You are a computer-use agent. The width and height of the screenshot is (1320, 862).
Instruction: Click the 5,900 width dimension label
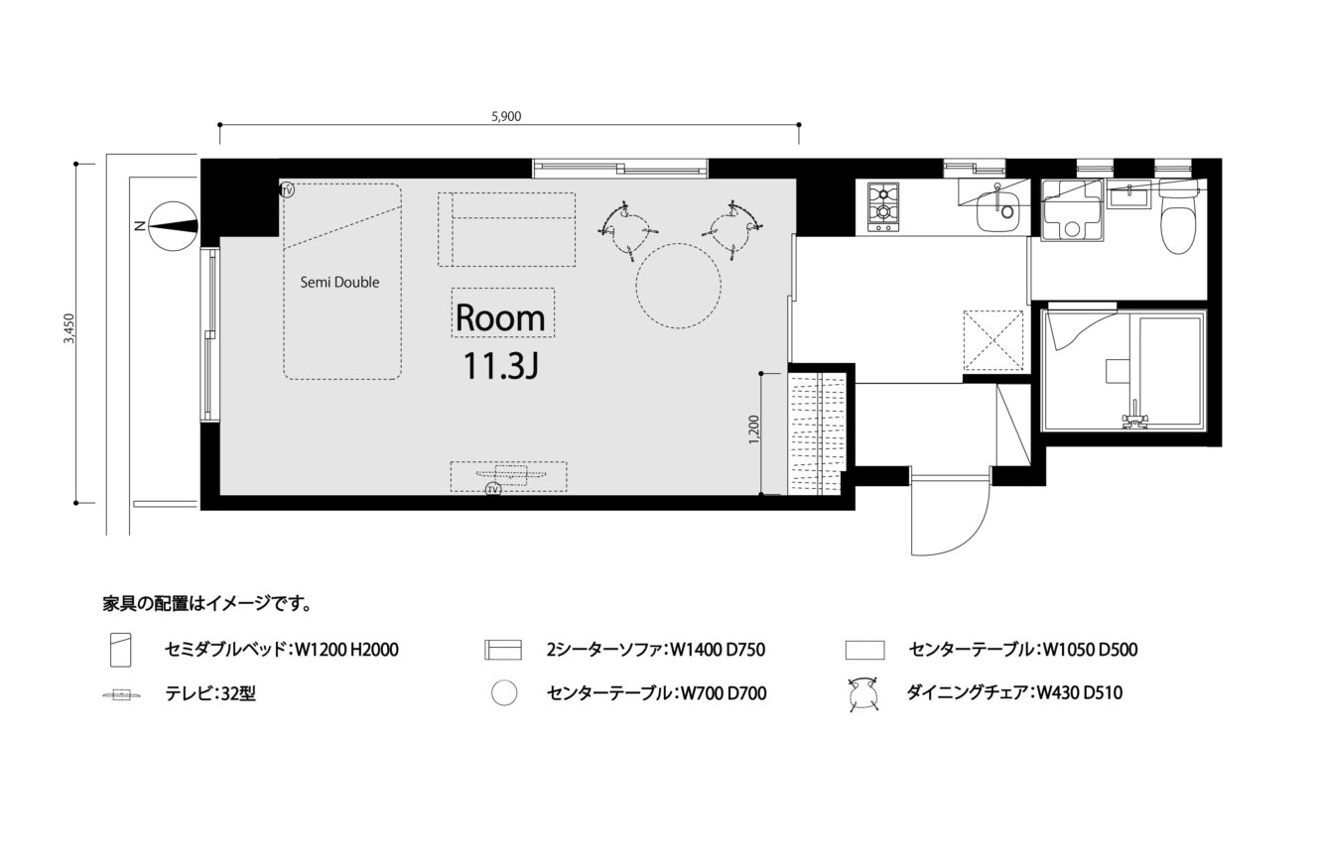(x=506, y=117)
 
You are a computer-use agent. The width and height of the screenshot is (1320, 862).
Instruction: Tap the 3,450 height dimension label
(x=69, y=328)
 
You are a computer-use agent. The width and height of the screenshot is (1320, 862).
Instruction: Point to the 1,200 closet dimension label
(x=753, y=430)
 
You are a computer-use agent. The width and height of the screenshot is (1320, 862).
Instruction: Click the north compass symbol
(x=174, y=226)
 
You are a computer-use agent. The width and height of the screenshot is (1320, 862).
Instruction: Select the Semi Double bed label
(x=340, y=282)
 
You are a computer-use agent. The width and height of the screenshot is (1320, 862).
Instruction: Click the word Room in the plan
(x=500, y=318)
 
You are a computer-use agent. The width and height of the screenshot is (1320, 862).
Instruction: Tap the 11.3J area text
(x=500, y=366)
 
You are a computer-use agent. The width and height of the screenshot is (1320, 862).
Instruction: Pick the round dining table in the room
(x=678, y=286)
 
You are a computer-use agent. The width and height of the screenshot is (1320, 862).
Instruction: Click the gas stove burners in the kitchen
(x=883, y=206)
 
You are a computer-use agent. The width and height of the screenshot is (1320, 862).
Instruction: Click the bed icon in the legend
(x=121, y=650)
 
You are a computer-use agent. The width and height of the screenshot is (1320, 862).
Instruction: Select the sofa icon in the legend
(x=503, y=650)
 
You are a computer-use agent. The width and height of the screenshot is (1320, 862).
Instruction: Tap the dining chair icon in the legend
(x=863, y=694)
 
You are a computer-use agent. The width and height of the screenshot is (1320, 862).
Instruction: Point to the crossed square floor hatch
(x=993, y=341)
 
